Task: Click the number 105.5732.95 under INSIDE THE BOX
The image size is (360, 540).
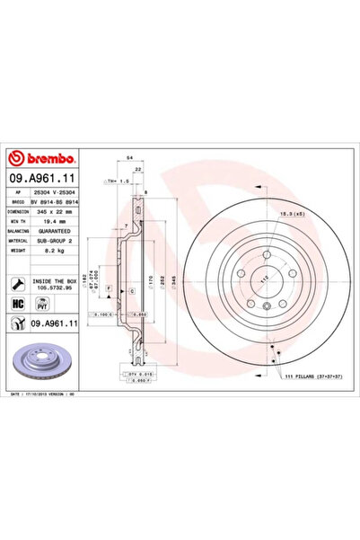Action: [x=52, y=288]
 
